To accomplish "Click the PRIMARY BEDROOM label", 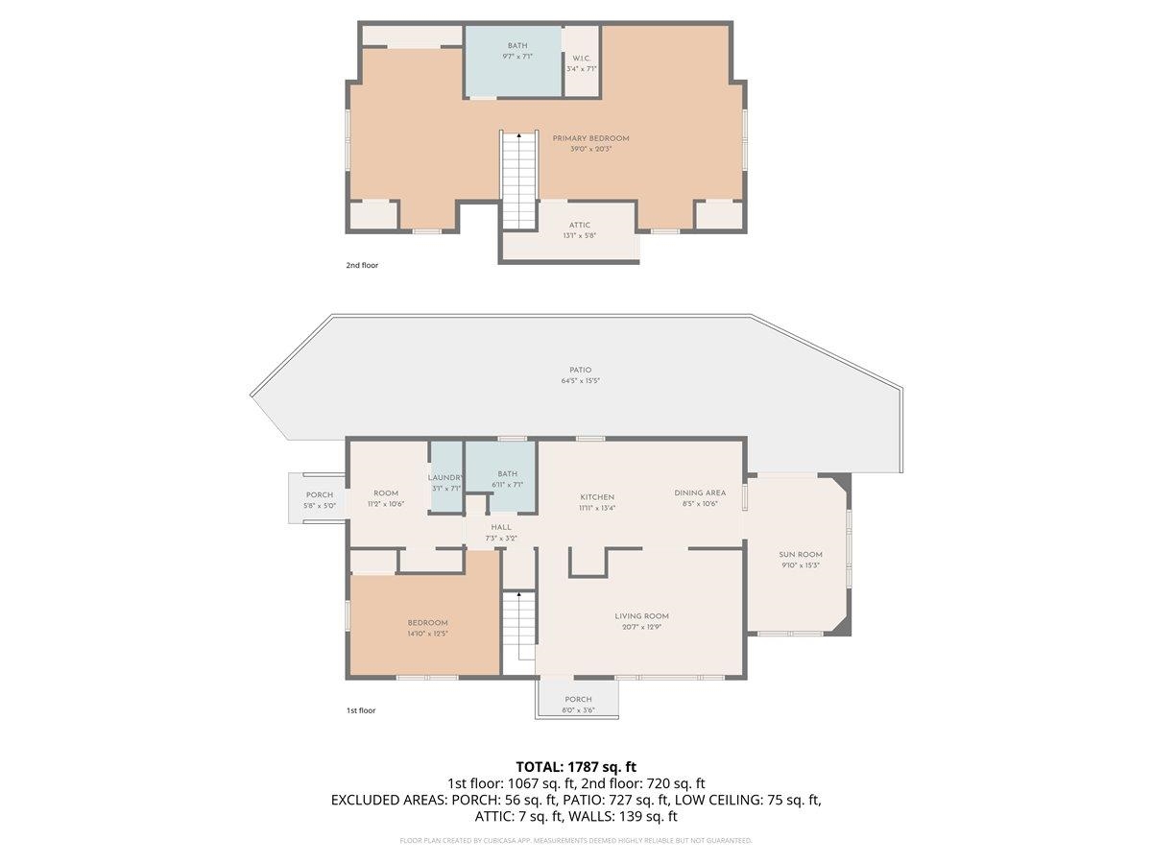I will (590, 138).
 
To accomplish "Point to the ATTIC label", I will (580, 225).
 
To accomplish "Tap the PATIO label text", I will (580, 370).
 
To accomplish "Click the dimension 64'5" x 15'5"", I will (580, 381).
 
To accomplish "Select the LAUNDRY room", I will (446, 477).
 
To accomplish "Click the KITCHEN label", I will (596, 496).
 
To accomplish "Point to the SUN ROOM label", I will (800, 554).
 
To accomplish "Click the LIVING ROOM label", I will (641, 616).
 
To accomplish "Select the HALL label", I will (501, 527).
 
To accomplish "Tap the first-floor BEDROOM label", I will (427, 623).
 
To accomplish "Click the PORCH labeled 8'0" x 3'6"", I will (578, 699).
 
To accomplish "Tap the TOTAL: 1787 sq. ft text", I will (576, 766).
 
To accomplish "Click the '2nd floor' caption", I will (362, 265).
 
